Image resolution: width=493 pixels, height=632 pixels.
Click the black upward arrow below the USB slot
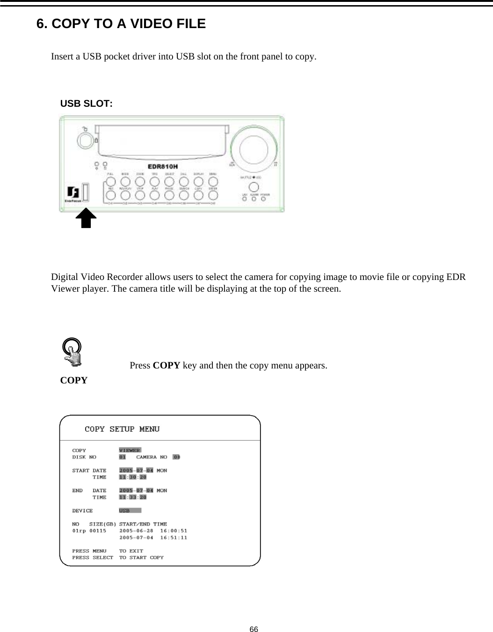[86, 218]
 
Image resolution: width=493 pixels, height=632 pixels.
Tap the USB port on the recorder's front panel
[86, 192]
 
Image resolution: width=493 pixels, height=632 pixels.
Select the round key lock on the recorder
[84, 139]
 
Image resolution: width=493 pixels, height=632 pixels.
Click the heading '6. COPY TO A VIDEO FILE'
[121, 23]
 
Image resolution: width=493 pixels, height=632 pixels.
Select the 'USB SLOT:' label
[86, 104]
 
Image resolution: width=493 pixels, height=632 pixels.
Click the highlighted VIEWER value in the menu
[130, 450]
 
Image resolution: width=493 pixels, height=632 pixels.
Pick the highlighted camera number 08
[177, 457]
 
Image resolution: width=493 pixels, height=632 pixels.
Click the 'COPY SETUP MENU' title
[122, 429]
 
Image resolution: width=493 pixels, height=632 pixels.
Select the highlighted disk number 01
[123, 457]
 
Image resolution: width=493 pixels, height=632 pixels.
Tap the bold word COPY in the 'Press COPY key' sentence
[167, 365]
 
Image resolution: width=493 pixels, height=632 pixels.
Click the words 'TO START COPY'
[141, 558]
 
